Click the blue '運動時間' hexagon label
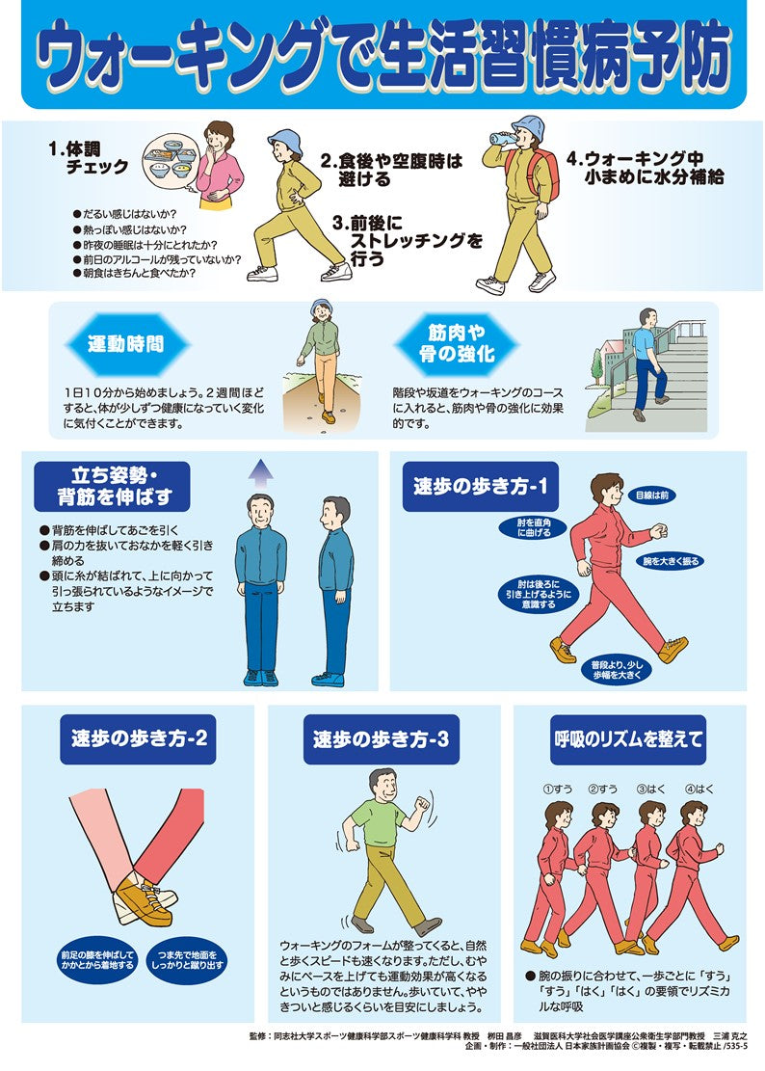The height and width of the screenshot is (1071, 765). click(125, 344)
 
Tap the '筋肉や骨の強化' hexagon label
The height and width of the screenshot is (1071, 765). click(458, 344)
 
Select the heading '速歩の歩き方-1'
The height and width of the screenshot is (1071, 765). click(481, 488)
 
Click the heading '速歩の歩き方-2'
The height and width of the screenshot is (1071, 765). click(139, 740)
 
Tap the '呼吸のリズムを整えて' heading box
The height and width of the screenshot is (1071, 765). click(627, 740)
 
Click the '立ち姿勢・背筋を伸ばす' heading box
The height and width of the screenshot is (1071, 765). click(113, 486)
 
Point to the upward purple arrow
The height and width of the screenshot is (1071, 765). click(259, 471)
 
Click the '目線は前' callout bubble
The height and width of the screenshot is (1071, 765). click(651, 495)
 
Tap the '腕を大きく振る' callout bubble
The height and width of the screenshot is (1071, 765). click(672, 560)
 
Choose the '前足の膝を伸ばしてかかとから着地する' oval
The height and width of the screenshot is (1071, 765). click(96, 960)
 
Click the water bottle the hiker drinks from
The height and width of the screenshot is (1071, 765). click(502, 139)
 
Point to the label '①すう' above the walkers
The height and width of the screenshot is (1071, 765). click(557, 789)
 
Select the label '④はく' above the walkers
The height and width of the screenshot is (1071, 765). click(699, 789)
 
